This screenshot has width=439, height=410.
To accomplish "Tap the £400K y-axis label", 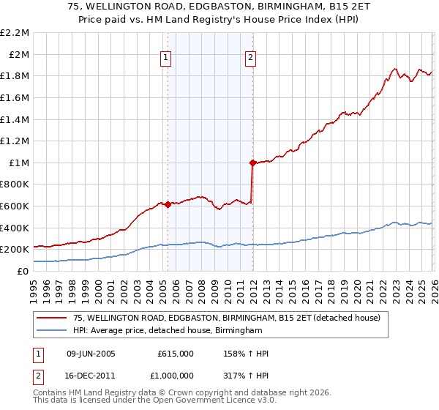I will pos(15,228).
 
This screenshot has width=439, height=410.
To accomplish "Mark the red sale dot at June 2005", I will pos(168,204).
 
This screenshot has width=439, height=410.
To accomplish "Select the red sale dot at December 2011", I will pos(252,163).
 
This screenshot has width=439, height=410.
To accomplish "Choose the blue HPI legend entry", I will pos(168,331).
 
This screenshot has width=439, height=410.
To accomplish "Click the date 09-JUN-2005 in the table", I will pos(91,354).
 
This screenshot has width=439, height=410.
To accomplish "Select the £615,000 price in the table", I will pos(176,354).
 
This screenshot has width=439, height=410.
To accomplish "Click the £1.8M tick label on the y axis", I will pos(15,75).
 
